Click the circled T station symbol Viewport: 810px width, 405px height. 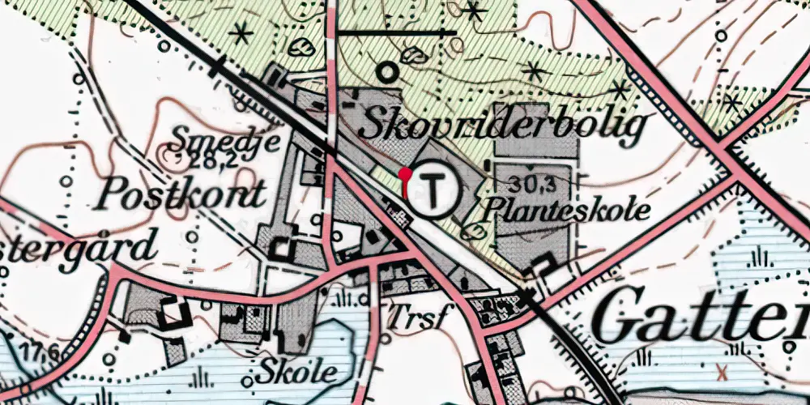435,191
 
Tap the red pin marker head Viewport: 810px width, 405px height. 405,173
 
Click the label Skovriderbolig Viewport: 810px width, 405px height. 503,126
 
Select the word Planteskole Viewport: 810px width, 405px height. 567,211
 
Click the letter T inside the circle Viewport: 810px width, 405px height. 435,191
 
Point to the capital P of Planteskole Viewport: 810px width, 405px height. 496,210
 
